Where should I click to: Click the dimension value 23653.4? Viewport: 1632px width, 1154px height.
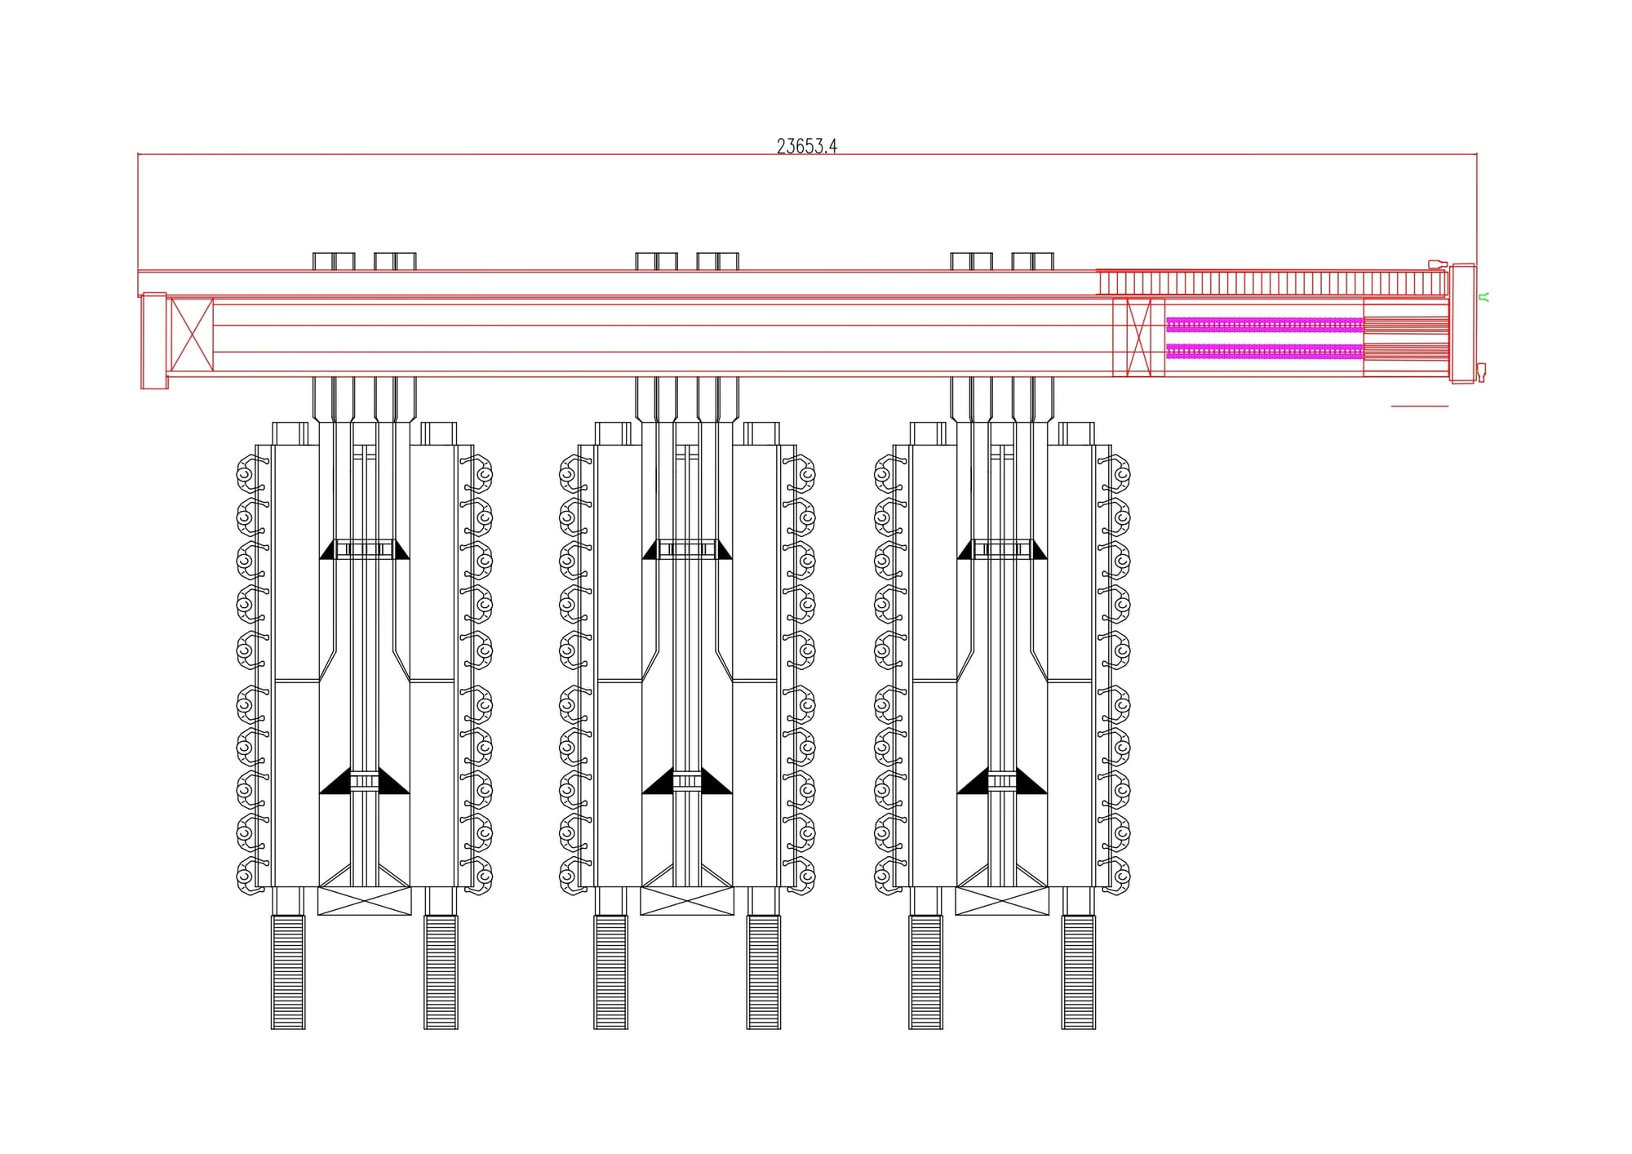point(806,146)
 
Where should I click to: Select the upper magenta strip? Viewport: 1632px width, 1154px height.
point(1265,325)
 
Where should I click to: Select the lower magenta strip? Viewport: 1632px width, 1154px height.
point(1265,352)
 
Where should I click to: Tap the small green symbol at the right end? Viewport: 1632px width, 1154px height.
point(1485,297)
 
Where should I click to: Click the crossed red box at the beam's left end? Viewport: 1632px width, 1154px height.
point(192,335)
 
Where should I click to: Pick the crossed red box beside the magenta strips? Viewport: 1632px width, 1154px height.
point(1138,338)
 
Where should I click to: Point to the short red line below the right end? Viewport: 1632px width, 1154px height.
point(1420,406)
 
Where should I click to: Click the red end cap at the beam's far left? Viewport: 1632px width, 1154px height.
point(154,340)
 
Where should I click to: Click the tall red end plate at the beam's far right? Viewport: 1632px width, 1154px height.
point(1462,323)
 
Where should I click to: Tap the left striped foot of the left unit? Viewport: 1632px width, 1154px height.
point(288,972)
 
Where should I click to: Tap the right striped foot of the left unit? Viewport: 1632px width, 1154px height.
point(441,972)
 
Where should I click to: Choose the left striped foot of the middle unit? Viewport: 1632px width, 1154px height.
point(610,972)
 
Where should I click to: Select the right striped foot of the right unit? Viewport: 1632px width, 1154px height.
point(1079,972)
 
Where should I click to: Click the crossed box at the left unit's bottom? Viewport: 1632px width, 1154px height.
point(365,901)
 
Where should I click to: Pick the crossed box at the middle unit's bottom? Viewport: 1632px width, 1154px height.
point(687,901)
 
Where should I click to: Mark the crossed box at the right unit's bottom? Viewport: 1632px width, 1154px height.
point(1002,901)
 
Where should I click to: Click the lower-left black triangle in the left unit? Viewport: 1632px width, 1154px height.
point(337,784)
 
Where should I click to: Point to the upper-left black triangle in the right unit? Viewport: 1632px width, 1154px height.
point(966,551)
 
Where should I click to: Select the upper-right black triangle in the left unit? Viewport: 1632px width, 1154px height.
point(401,551)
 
